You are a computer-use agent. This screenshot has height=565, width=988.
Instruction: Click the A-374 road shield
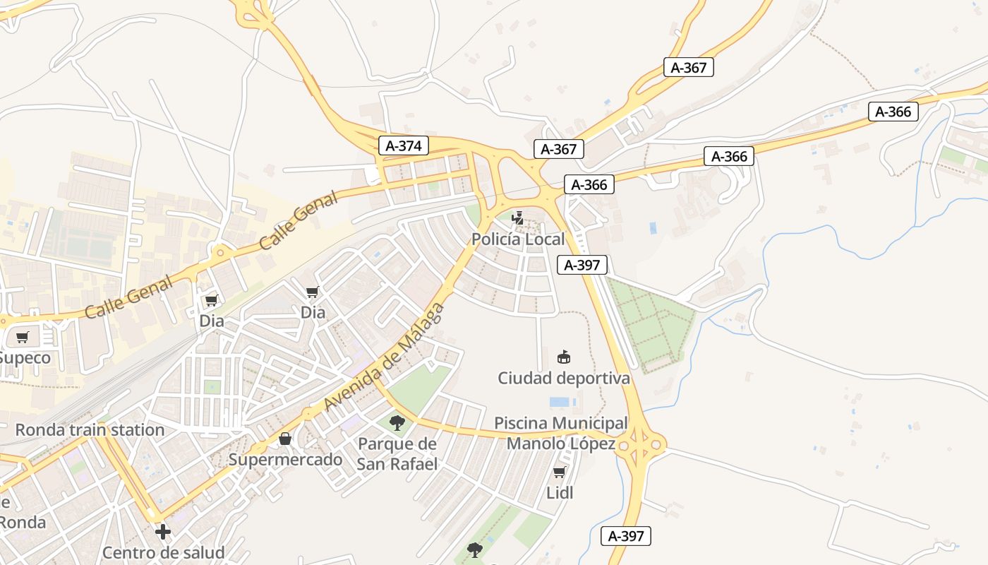click(x=404, y=146)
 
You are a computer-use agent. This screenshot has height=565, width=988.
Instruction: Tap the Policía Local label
click(x=518, y=239)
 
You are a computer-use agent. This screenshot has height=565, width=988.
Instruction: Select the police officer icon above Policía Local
click(x=518, y=218)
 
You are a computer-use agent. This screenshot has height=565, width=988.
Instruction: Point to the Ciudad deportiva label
click(x=563, y=379)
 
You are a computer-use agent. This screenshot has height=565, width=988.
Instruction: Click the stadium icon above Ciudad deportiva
click(x=563, y=357)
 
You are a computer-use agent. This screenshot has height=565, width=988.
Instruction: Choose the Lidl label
click(x=560, y=493)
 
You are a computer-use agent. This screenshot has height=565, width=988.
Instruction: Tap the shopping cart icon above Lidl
click(x=560, y=472)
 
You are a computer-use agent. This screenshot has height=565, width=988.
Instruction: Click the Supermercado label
click(x=285, y=460)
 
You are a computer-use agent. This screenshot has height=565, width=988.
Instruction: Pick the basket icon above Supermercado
click(x=285, y=439)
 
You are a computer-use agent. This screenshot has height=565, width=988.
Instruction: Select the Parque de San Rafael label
click(x=397, y=454)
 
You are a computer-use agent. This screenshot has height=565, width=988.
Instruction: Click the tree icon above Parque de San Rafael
click(x=397, y=423)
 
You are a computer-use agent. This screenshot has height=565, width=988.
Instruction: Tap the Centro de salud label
click(x=163, y=552)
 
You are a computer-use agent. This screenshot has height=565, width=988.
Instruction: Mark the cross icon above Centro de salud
click(x=163, y=531)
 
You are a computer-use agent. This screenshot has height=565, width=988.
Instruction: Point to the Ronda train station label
click(x=90, y=430)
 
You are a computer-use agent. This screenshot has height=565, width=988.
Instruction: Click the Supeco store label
click(x=25, y=358)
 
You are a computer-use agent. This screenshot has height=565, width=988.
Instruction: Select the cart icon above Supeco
click(x=22, y=337)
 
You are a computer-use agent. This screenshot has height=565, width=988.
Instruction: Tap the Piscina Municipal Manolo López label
click(x=561, y=434)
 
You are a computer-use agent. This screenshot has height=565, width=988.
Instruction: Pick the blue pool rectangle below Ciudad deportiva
click(x=560, y=402)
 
